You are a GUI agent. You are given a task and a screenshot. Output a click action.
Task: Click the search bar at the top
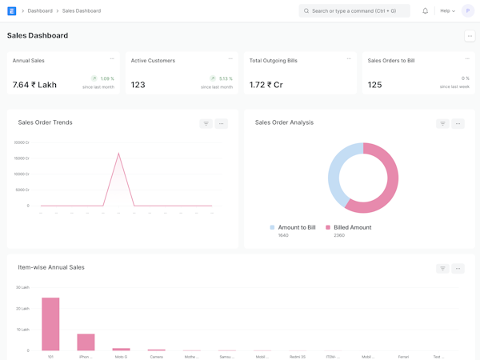pyautogui.click(x=354, y=11)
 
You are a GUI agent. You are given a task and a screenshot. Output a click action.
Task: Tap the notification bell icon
pyautogui.click(x=425, y=11)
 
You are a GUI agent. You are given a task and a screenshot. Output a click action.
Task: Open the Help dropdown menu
pyautogui.click(x=447, y=11)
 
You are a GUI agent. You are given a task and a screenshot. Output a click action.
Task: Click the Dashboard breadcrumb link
pyautogui.click(x=40, y=11)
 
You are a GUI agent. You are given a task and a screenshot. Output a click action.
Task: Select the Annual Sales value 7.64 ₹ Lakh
pyautogui.click(x=34, y=85)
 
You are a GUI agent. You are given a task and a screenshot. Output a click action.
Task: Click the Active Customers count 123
pyautogui.click(x=138, y=85)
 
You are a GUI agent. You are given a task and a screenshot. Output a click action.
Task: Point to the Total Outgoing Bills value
pyautogui.click(x=266, y=85)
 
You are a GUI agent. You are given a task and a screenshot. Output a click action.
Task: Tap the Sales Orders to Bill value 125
pyautogui.click(x=374, y=85)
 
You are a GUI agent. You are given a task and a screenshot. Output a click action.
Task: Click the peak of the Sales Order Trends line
pyautogui.click(x=118, y=153)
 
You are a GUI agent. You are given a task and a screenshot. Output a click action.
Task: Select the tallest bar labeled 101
pyautogui.click(x=50, y=324)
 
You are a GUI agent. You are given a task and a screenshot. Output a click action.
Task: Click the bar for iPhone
pyautogui.click(x=86, y=342)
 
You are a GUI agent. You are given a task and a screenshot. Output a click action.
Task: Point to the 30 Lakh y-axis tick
pyautogui.click(x=22, y=287)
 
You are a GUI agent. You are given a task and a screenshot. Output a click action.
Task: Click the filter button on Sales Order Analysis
pyautogui.click(x=442, y=124)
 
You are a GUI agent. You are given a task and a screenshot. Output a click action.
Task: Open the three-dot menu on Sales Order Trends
pyautogui.click(x=222, y=124)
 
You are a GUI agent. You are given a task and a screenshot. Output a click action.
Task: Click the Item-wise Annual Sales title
pyautogui.click(x=51, y=267)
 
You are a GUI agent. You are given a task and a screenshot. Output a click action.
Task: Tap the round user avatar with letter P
pyautogui.click(x=468, y=11)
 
